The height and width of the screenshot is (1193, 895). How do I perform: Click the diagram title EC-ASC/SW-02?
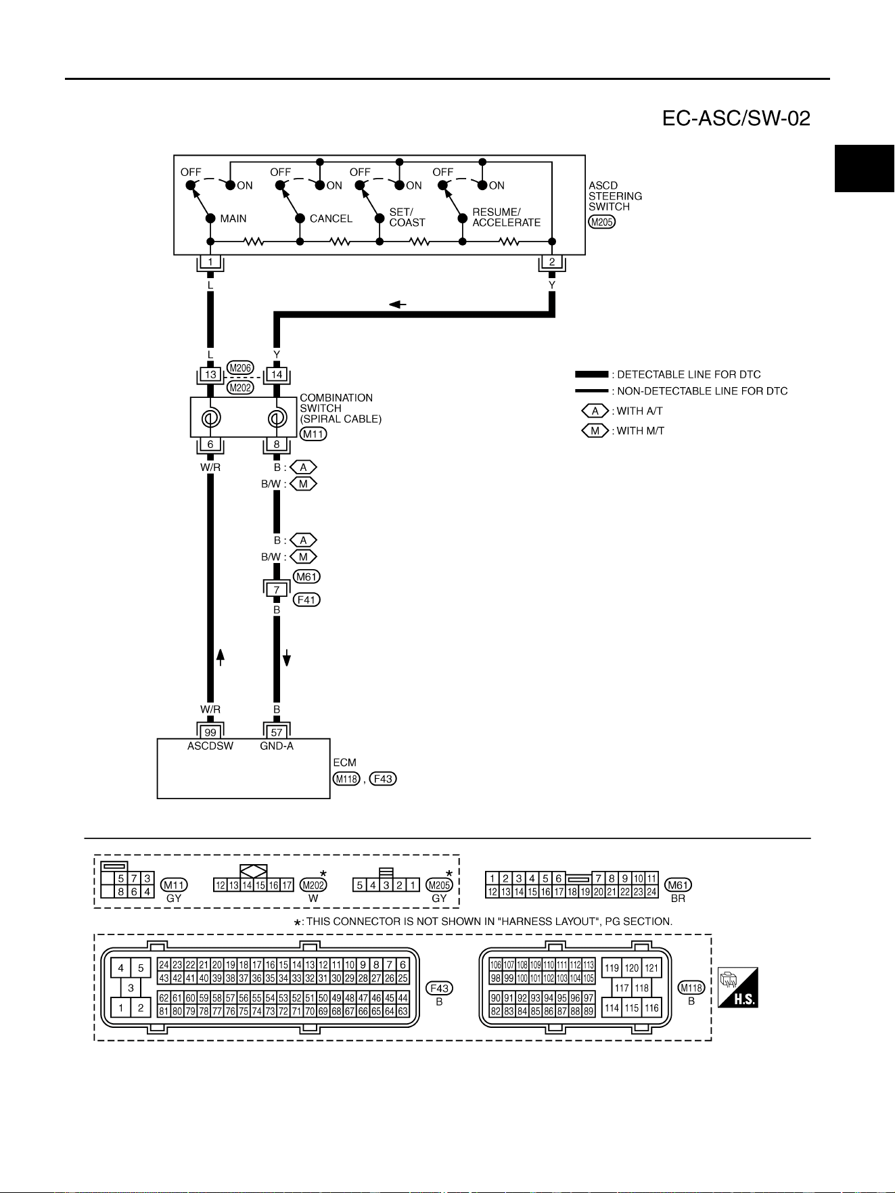click(736, 119)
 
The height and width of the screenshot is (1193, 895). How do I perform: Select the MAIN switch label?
click(233, 219)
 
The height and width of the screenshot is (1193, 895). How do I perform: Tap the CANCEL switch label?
click(331, 219)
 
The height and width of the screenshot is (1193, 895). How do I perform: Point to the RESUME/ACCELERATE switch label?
click(506, 217)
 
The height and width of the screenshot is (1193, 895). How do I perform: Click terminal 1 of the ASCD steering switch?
click(210, 262)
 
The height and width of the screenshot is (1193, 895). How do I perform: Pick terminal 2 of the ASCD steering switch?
click(552, 262)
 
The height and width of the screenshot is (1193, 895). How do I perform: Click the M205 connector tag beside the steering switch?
click(601, 221)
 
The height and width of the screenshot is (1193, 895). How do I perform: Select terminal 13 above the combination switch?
click(210, 374)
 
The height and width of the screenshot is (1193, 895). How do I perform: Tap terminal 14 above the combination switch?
click(277, 374)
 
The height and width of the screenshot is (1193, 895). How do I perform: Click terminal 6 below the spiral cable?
click(210, 445)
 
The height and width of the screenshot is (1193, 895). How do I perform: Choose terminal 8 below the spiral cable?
click(277, 445)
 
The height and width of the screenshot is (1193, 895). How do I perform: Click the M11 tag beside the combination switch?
click(313, 434)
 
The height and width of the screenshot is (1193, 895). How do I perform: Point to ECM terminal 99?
click(210, 732)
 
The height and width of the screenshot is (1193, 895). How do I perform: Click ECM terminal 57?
click(277, 732)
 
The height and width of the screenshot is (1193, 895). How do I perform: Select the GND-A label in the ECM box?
click(277, 746)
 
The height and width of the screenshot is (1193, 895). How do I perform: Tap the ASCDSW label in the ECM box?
click(210, 746)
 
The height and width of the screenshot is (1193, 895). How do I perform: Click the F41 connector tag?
click(306, 600)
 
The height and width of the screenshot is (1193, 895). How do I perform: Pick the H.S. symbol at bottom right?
click(738, 987)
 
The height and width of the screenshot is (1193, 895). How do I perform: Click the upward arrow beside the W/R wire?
click(220, 657)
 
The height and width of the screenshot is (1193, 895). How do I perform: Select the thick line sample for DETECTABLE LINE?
click(592, 374)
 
